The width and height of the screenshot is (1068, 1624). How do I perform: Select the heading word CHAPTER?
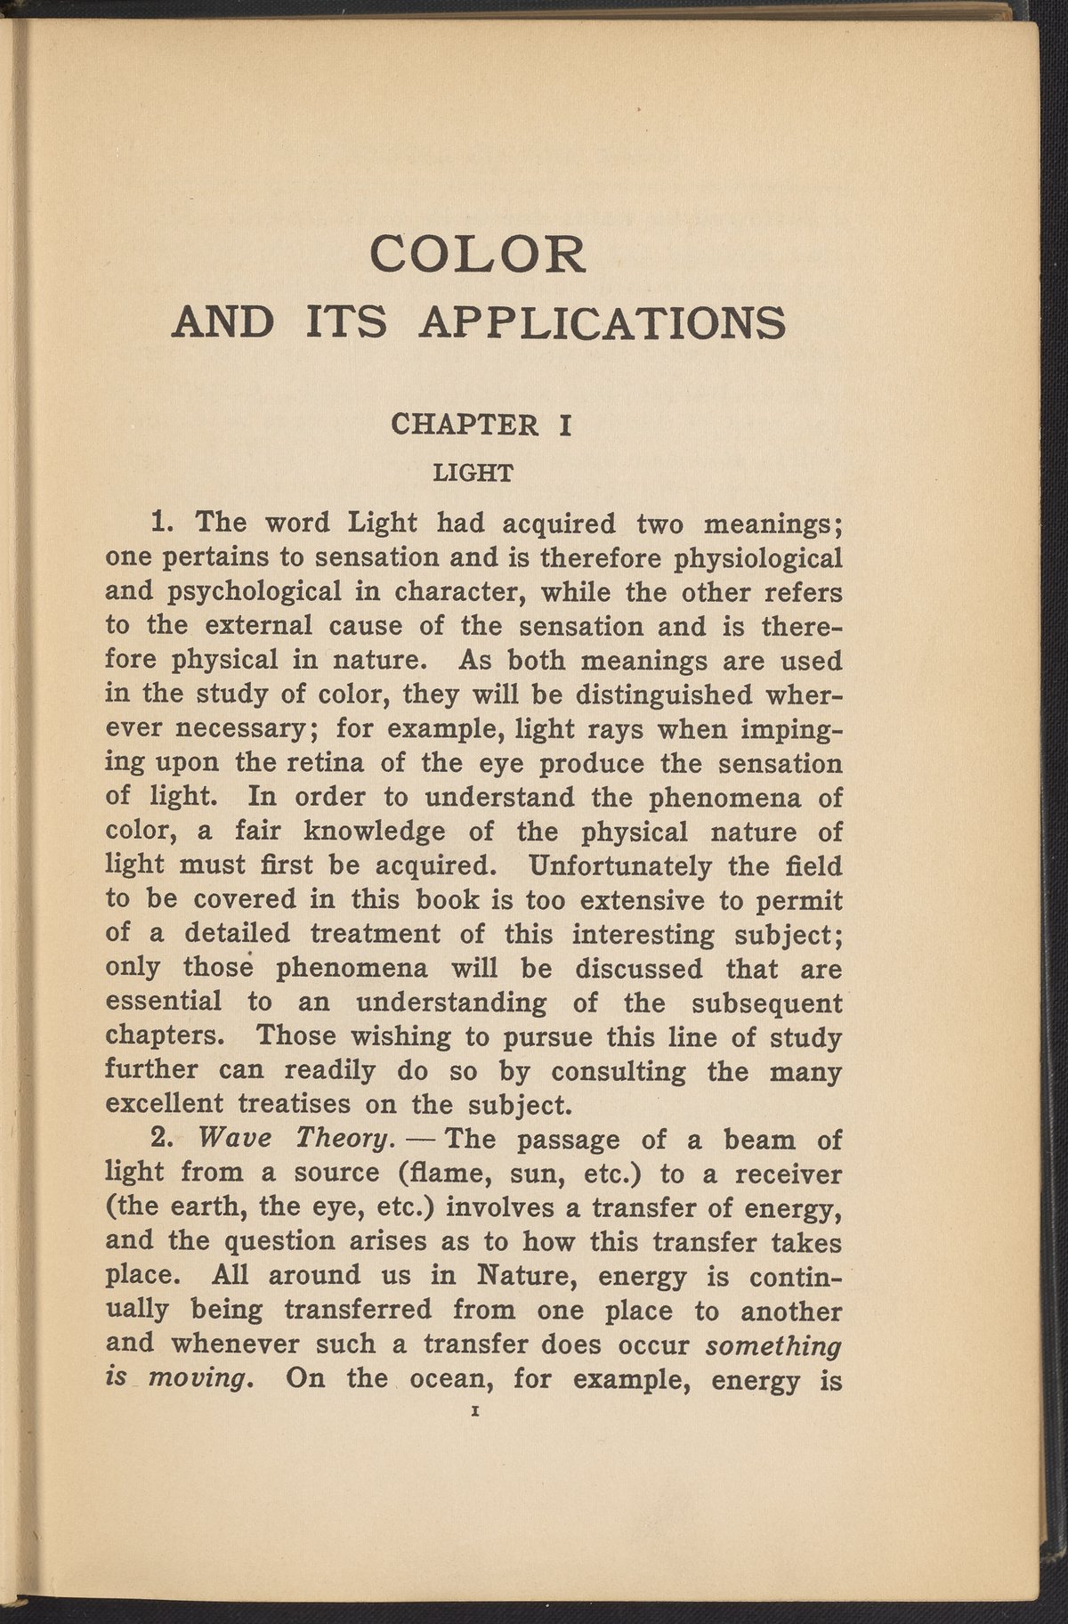[465, 426]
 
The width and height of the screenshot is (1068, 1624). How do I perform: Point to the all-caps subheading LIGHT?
[472, 473]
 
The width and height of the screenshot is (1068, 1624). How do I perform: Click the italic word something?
[773, 1344]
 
